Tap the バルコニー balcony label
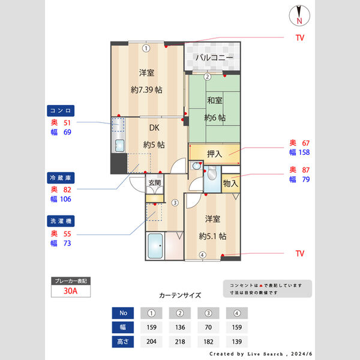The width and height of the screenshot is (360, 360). click(x=213, y=58)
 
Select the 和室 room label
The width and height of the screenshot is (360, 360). click(x=215, y=100)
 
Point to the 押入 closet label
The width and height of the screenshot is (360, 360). click(x=214, y=154)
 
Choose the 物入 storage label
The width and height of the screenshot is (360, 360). click(x=230, y=183)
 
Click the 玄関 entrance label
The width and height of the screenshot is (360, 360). click(x=154, y=182)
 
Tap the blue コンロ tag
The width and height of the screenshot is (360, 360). click(x=61, y=110)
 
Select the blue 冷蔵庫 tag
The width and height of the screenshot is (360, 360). click(x=61, y=178)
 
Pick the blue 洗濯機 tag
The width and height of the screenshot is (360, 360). click(x=61, y=221)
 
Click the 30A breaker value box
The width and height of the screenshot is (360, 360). click(x=71, y=292)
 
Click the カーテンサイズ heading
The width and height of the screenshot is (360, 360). click(x=180, y=295)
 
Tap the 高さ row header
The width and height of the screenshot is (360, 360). click(x=122, y=341)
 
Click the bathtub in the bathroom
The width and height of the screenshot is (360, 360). click(x=155, y=246)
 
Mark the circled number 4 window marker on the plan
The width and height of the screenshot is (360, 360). click(x=202, y=255)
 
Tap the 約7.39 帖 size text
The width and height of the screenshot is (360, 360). click(x=147, y=89)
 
